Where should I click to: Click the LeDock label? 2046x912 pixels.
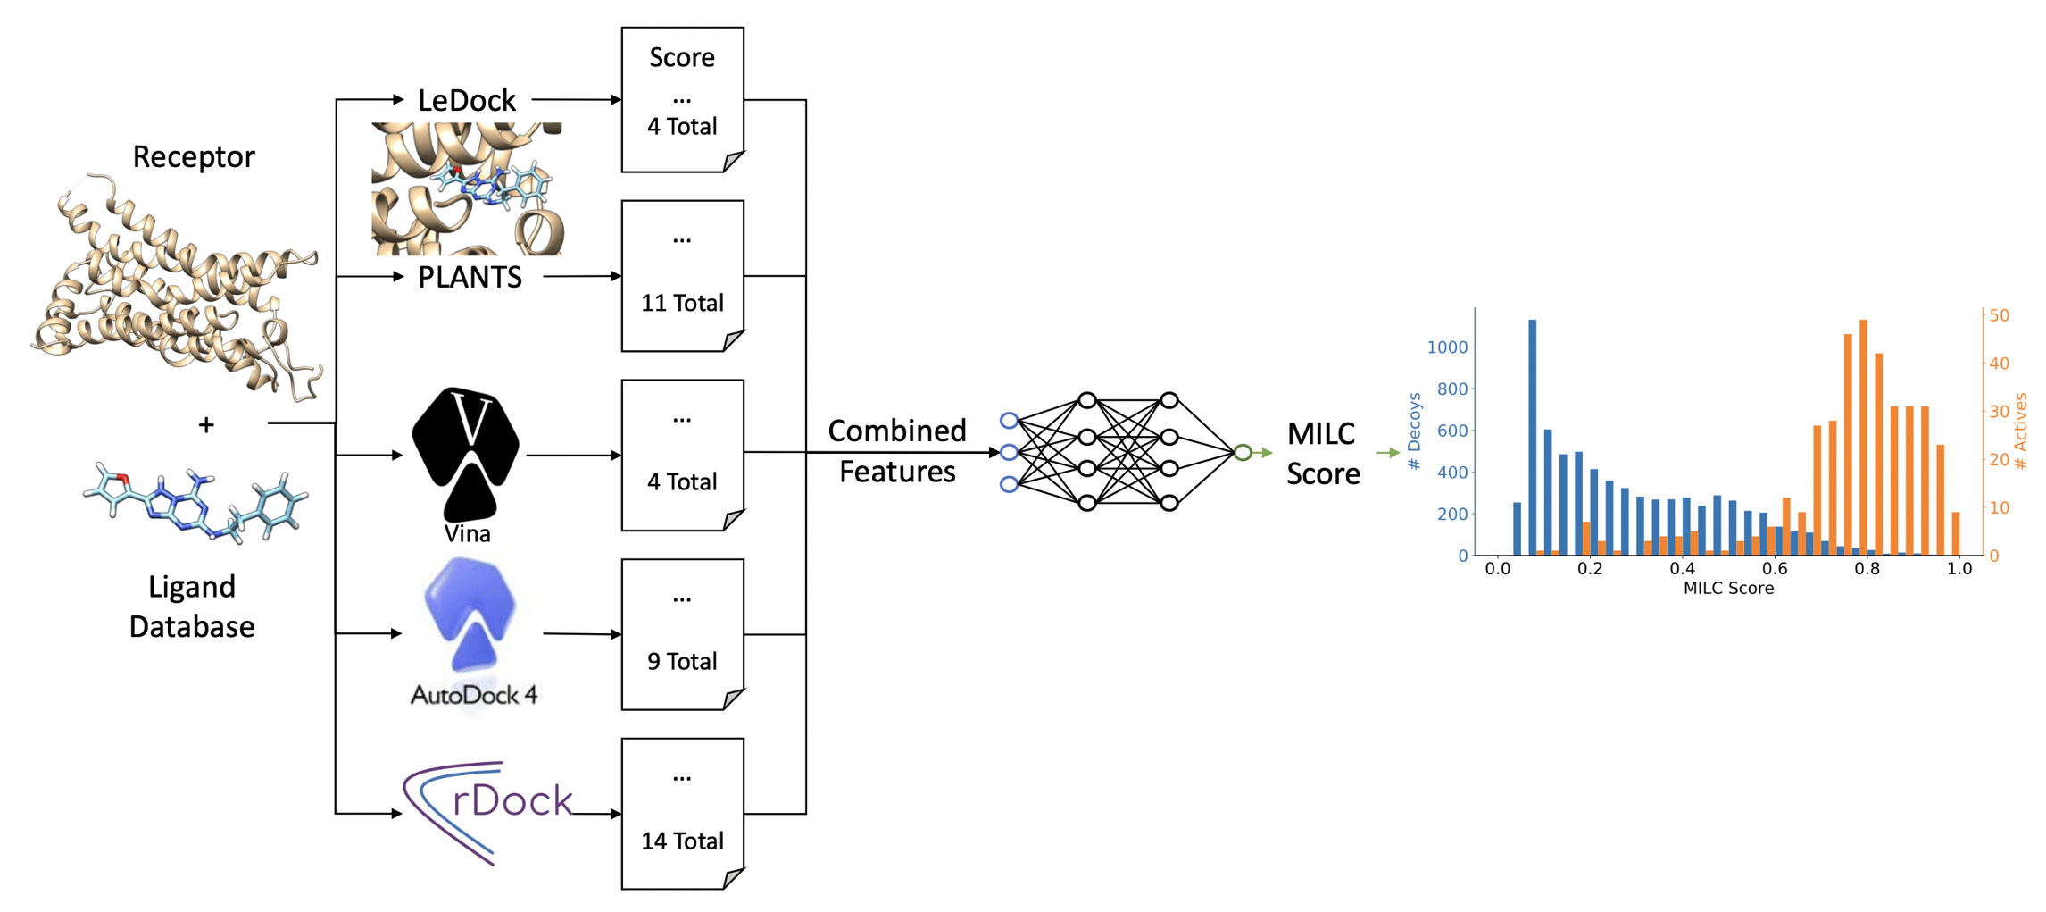coord(467,100)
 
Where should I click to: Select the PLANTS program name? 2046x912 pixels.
coord(470,277)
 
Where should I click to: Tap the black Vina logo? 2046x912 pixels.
coord(466,451)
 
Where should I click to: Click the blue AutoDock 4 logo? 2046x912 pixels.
coord(470,615)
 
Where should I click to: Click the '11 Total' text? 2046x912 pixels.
coord(682,303)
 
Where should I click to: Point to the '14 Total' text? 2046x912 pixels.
coord(682,841)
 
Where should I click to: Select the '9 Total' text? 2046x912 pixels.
coord(682,661)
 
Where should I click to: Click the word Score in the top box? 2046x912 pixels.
coord(682,57)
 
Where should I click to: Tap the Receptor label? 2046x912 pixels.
coord(194,157)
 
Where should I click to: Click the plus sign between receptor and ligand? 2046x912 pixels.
coord(206,424)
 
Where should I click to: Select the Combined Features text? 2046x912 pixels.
coord(896,451)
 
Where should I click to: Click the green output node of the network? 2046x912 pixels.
coord(1243,453)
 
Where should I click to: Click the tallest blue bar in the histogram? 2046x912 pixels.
coord(1532,437)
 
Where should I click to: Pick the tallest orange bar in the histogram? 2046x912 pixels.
coord(1863,437)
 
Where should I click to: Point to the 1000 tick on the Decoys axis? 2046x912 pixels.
coord(1447,347)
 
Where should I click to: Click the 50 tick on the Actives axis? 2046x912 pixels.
coord(1999,315)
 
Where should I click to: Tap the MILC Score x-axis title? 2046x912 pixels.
coord(1727,589)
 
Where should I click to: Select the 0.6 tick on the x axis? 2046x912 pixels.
coord(1774,569)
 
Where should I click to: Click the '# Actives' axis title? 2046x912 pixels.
coord(2021,431)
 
